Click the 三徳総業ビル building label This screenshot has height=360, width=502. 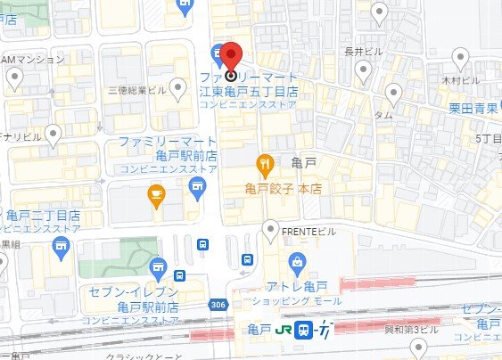[136, 90]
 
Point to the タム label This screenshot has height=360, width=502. [383, 115]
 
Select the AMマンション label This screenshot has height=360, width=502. [33, 59]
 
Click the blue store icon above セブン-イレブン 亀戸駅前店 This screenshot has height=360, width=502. [159, 266]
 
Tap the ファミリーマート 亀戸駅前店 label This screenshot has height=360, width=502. [168, 149]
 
